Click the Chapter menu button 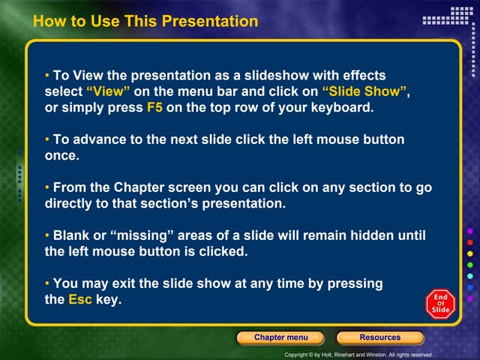coord(280,337)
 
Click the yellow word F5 coord(154,107)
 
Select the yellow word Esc coord(79,299)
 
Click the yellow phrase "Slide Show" coord(366,91)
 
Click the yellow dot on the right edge coord(469,254)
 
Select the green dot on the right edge coord(469,265)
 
